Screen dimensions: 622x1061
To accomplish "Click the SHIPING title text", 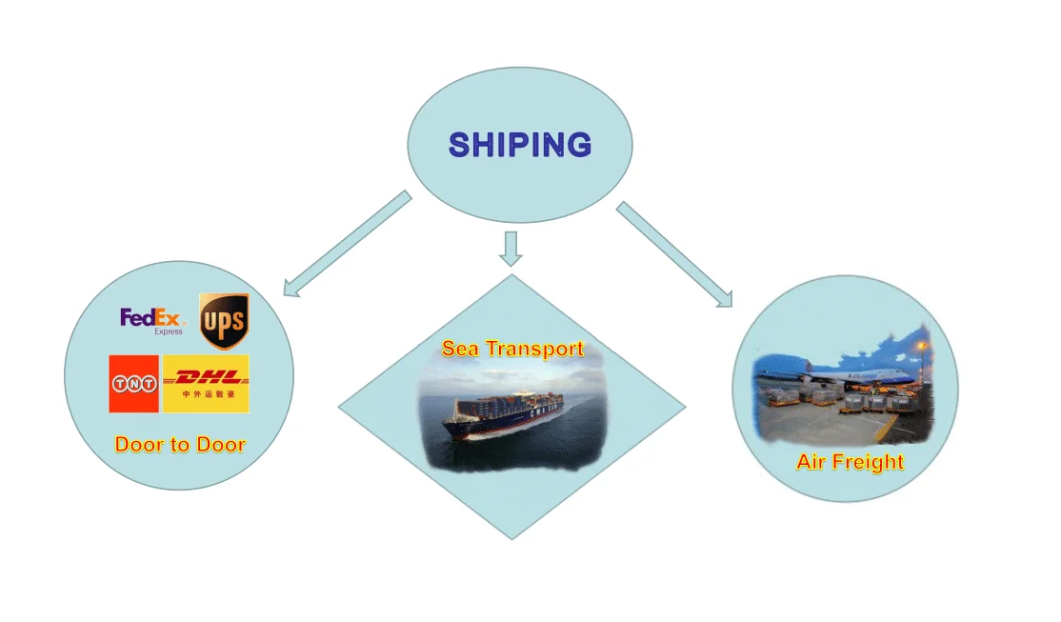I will (520, 145).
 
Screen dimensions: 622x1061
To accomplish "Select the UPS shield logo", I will (224, 320).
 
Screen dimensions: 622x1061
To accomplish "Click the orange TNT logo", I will (133, 384).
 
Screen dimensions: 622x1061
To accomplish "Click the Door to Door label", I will (180, 444).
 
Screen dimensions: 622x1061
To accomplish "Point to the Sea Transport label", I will (512, 349).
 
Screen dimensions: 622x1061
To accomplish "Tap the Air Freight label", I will (850, 463).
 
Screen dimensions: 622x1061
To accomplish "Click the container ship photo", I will (511, 414).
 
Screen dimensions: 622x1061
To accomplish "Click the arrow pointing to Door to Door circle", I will (347, 244).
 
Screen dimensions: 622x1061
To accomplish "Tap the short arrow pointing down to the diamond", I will (512, 247).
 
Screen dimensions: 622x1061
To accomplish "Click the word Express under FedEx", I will (168, 331).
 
